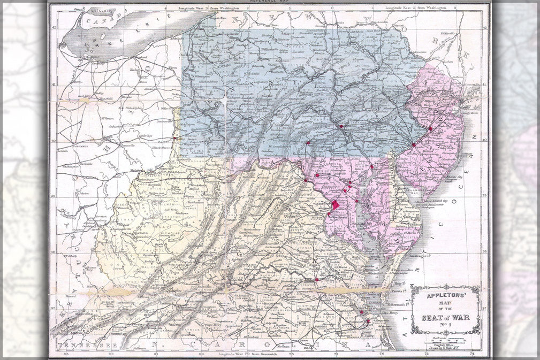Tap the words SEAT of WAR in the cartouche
(x=445, y=316)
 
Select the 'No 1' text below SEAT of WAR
(x=445, y=325)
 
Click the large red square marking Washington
(x=335, y=205)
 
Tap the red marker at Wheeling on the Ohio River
(x=174, y=139)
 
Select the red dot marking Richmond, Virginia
(x=317, y=279)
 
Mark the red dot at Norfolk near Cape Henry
(x=368, y=321)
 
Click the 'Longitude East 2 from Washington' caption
(x=415, y=9)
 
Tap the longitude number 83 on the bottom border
(x=66, y=354)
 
